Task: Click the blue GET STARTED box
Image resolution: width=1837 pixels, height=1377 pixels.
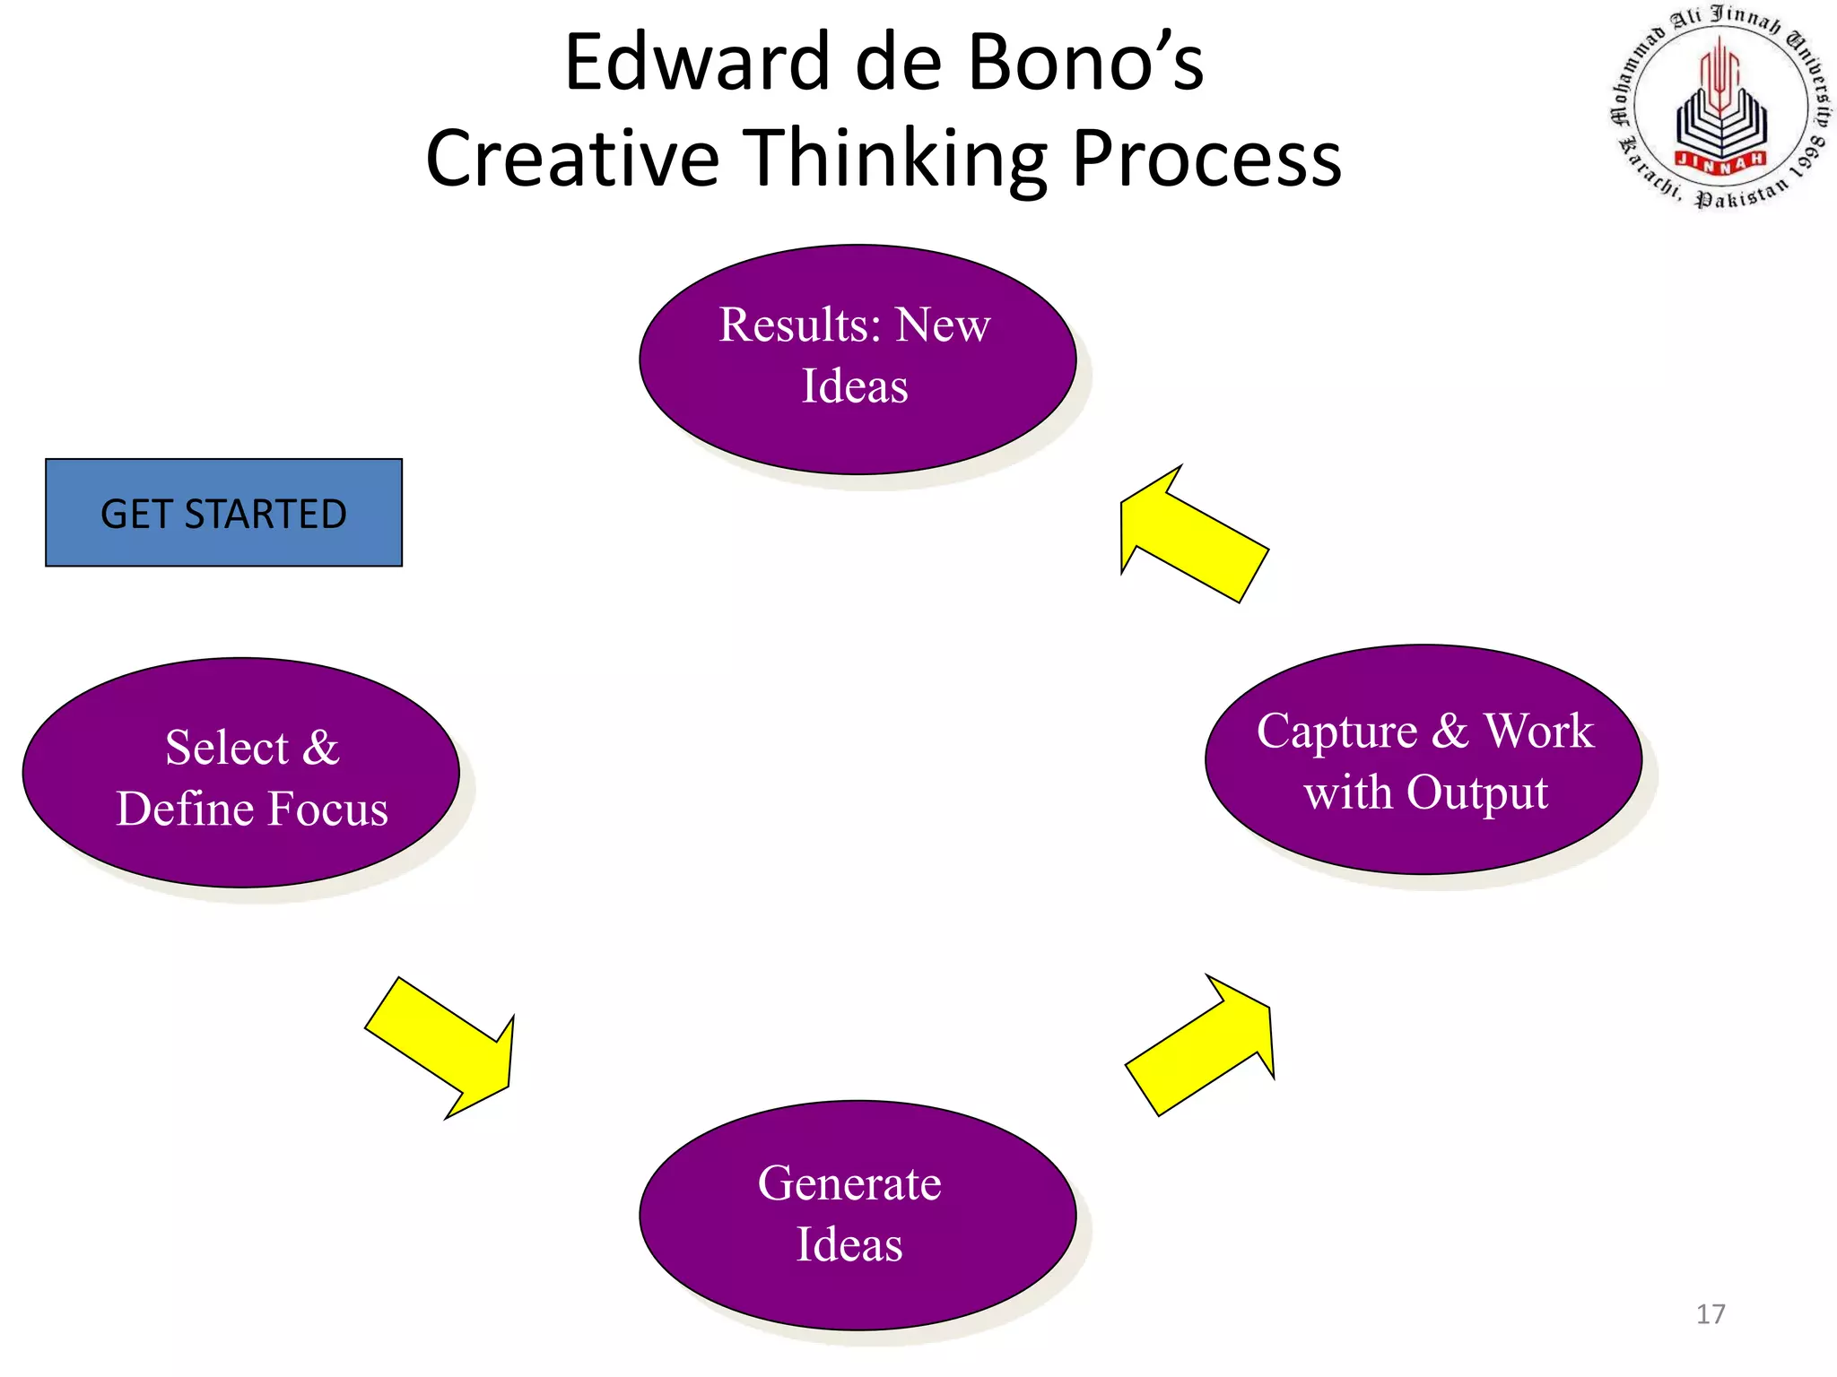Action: (x=223, y=513)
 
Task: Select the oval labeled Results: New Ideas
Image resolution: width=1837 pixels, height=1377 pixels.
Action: (x=857, y=359)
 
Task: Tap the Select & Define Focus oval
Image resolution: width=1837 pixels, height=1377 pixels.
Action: (x=240, y=773)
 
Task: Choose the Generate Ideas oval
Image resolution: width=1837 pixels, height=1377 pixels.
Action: (x=857, y=1216)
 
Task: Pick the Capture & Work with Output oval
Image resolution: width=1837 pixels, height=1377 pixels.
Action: (x=1423, y=759)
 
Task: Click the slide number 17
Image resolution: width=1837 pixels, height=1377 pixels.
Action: (x=1711, y=1314)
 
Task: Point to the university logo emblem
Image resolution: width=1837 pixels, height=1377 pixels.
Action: (x=1720, y=106)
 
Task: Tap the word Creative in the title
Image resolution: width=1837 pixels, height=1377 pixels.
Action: (x=572, y=159)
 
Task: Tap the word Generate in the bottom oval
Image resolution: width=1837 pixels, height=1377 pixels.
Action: (x=849, y=1183)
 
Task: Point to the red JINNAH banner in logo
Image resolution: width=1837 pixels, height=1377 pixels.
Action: (x=1720, y=160)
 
